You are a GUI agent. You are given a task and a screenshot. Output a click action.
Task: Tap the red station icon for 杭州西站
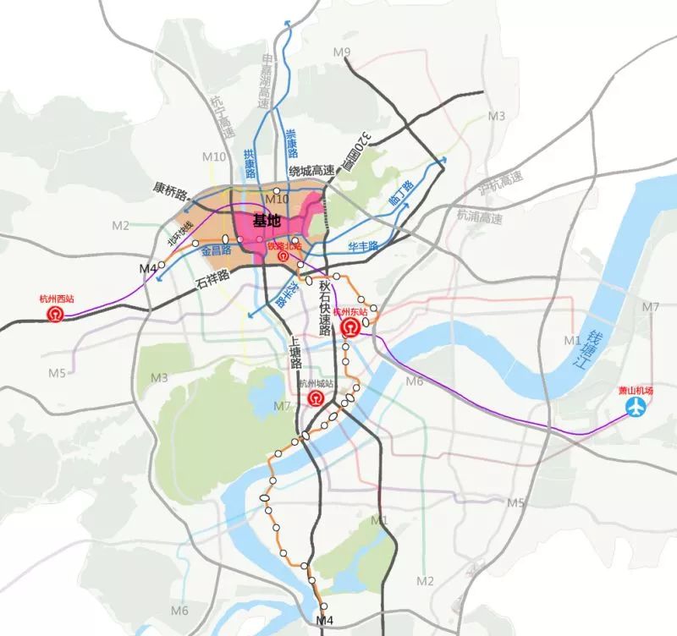tap(56, 315)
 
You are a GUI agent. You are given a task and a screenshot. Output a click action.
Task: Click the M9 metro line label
tap(342, 53)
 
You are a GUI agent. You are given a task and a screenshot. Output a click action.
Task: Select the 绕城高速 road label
tap(312, 171)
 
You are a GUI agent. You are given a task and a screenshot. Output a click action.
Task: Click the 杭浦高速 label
tap(479, 217)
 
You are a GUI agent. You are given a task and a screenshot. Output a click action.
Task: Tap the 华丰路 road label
tap(363, 246)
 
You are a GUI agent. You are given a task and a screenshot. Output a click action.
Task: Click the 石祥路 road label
tap(212, 276)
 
